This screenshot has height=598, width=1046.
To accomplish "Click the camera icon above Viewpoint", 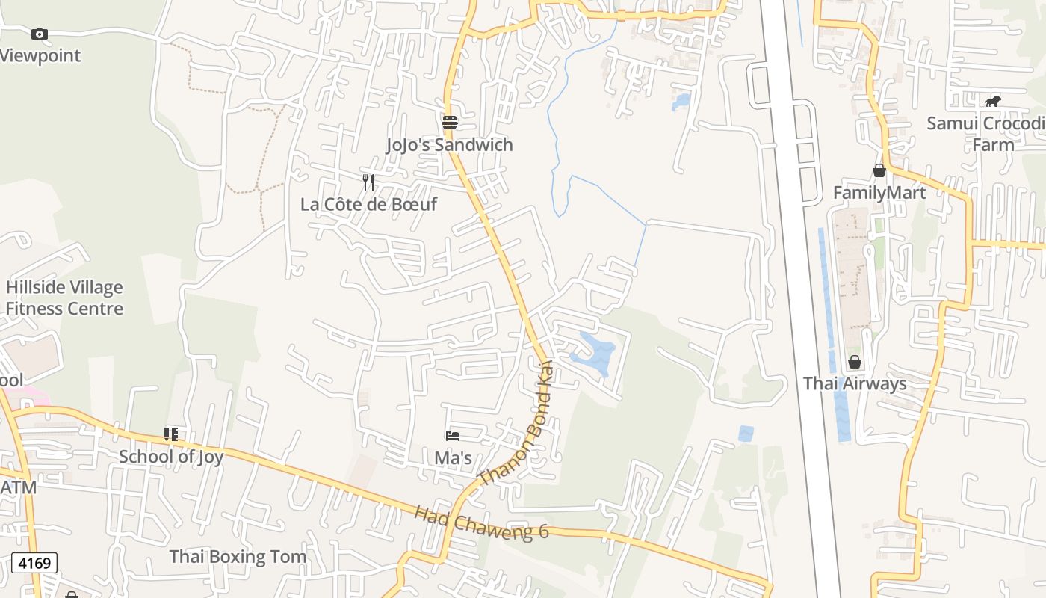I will click(40, 34).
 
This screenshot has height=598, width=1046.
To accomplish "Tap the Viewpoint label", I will click(40, 55).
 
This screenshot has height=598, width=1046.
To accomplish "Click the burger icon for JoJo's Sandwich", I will click(450, 123).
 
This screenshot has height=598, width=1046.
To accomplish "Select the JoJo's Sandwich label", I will click(450, 144).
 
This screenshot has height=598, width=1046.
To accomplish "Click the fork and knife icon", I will click(368, 182).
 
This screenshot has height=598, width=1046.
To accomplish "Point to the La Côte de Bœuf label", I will click(368, 204).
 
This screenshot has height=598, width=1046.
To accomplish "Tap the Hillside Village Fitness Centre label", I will click(64, 298).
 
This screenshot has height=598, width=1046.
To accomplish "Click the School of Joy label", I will click(171, 456).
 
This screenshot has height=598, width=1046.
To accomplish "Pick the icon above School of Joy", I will click(171, 434).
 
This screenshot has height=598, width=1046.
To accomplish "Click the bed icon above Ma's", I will click(452, 435).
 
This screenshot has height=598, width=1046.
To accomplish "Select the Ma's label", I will click(454, 457).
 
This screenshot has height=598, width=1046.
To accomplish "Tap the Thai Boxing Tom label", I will click(238, 556).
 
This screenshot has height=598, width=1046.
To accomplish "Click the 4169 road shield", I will click(34, 562).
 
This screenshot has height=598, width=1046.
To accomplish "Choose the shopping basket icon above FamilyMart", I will click(879, 170).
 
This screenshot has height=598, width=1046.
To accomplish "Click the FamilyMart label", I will click(879, 193).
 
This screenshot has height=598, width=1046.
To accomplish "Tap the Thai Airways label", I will click(855, 383).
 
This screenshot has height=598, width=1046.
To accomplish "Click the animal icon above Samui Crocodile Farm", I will click(992, 101).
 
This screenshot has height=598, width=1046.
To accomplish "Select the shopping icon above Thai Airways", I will click(855, 362).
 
